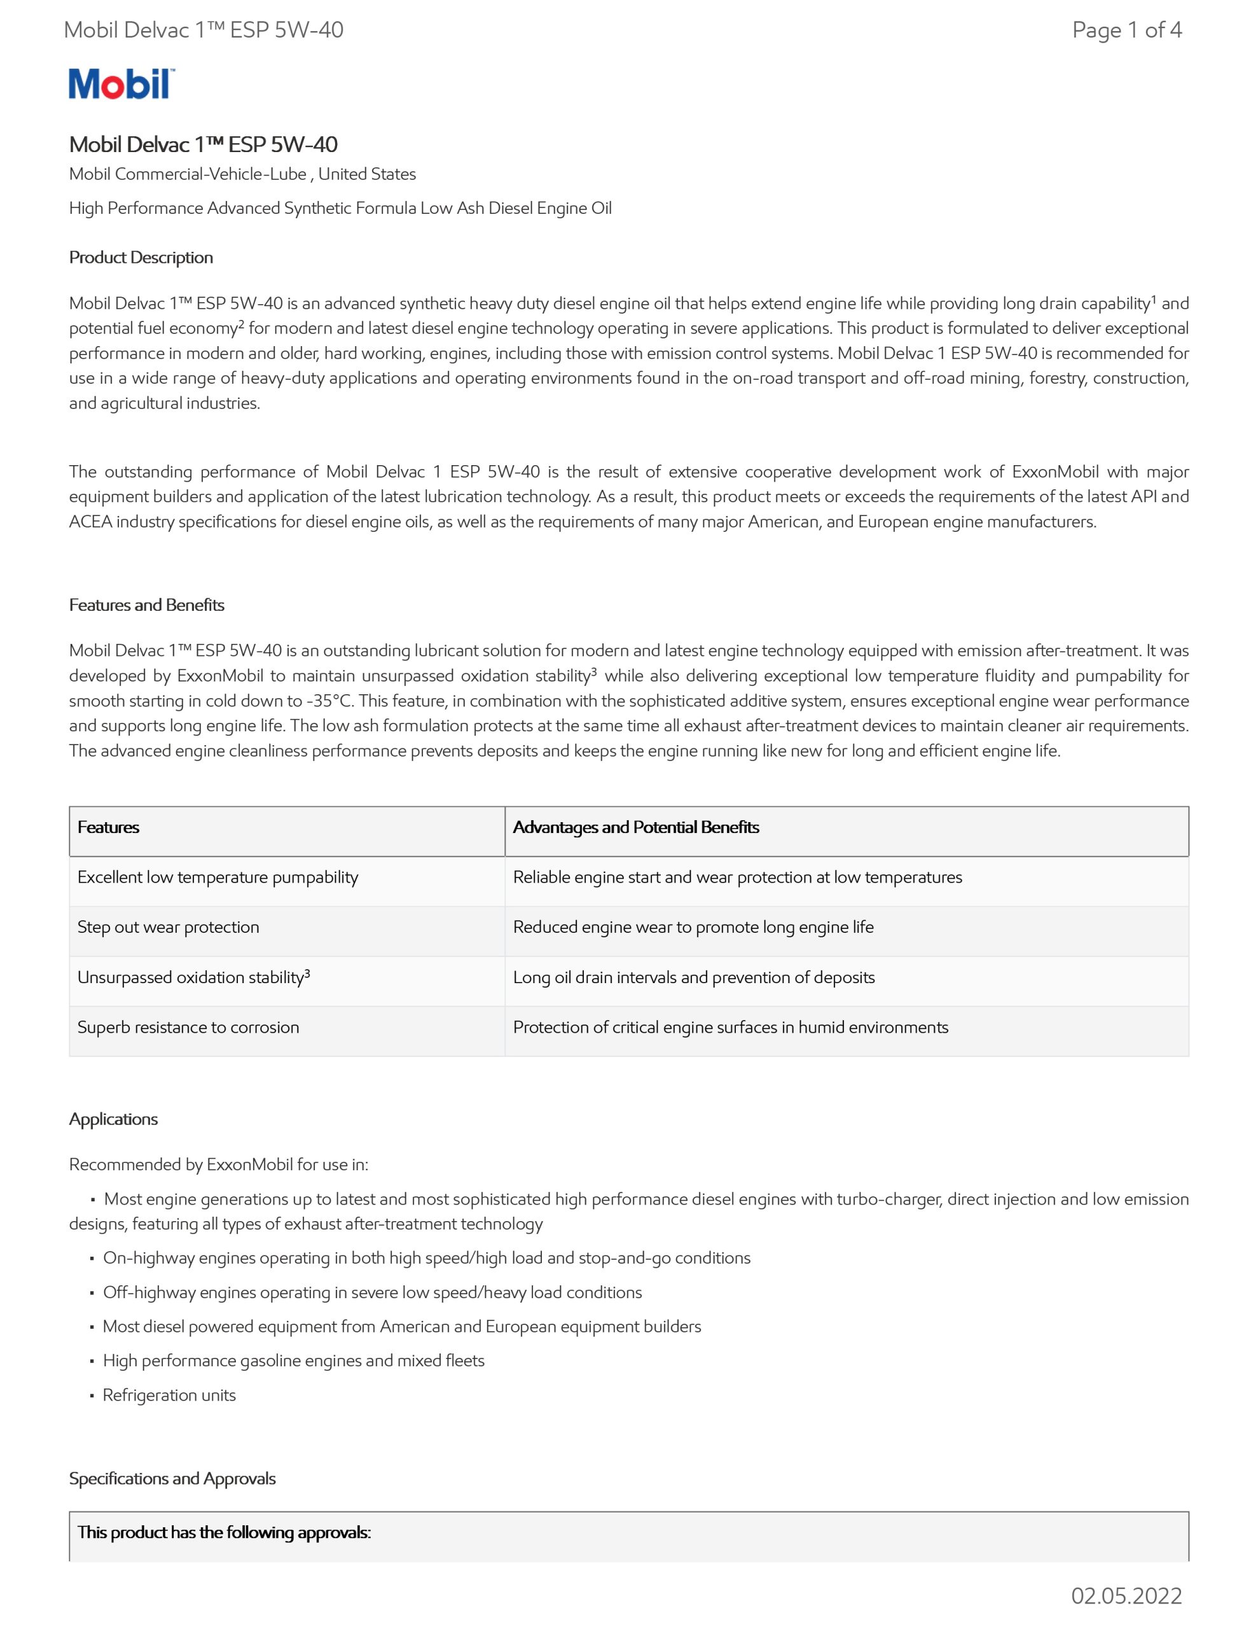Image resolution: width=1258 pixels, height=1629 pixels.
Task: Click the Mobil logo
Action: click(121, 83)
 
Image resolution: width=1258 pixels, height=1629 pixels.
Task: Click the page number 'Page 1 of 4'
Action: click(1126, 30)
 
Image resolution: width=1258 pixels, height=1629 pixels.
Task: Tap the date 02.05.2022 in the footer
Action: click(1126, 1595)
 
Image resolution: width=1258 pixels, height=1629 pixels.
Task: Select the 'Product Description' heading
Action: click(141, 257)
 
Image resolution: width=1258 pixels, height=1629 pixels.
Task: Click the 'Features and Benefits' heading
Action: click(147, 605)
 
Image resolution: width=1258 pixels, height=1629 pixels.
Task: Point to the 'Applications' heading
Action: click(113, 1119)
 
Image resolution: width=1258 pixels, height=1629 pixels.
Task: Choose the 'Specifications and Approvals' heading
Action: click(172, 1478)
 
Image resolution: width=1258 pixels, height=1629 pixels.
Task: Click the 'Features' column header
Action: click(109, 827)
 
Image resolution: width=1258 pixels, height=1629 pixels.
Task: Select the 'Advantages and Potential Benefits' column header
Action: click(636, 827)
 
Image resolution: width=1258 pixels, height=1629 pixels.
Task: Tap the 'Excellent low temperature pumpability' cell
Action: click(218, 877)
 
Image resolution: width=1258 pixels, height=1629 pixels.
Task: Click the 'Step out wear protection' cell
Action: click(169, 927)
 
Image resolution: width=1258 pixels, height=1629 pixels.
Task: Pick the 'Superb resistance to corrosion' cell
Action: click(188, 1027)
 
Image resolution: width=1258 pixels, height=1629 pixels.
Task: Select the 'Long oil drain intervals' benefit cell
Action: click(693, 977)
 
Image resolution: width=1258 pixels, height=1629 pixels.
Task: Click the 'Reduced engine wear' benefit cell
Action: click(693, 927)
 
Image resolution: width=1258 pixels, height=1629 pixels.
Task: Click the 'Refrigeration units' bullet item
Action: click(169, 1395)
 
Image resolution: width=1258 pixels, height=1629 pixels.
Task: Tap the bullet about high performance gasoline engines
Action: click(294, 1360)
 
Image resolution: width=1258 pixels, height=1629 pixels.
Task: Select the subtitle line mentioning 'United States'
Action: click(242, 174)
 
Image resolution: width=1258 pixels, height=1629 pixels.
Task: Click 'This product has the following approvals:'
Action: click(225, 1532)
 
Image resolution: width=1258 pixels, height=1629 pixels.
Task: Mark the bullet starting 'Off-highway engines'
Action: click(372, 1292)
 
